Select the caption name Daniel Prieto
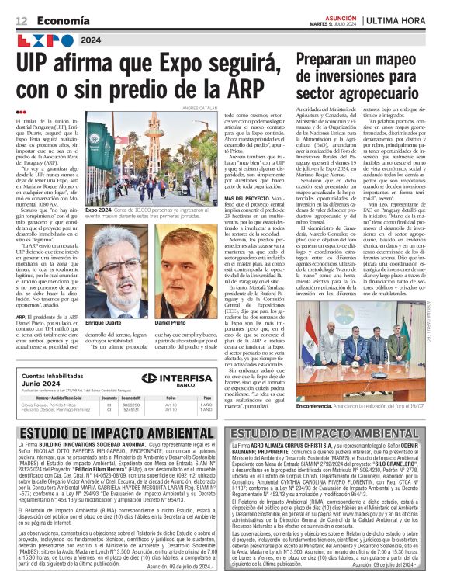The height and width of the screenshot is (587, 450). coord(171,300)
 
